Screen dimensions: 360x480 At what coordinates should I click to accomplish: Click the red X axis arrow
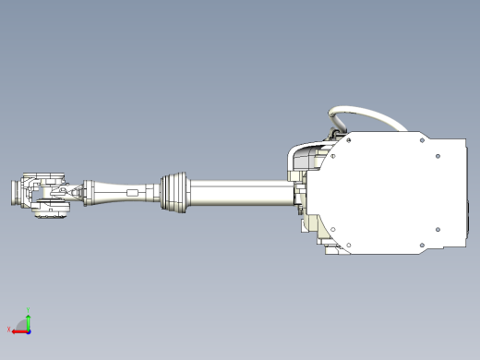[18, 330]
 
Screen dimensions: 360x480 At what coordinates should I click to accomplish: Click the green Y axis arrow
[29, 321]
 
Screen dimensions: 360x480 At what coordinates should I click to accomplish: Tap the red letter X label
[8, 330]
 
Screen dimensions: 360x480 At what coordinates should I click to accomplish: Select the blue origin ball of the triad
[29, 330]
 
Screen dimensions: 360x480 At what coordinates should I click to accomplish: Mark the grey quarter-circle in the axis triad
[24, 326]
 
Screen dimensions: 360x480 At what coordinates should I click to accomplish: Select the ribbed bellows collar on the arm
[174, 192]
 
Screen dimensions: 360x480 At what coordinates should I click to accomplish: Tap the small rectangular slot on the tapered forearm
[132, 193]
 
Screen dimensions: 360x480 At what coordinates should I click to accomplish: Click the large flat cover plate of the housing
[388, 194]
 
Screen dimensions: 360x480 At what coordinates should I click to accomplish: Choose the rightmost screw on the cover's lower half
[436, 230]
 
